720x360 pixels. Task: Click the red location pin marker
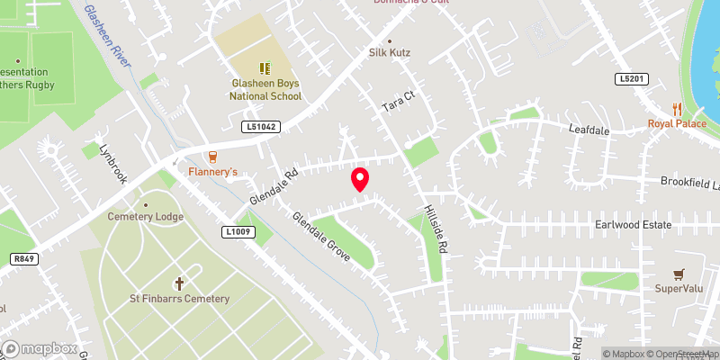pyautogui.click(x=360, y=178)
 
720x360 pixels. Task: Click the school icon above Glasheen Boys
pyautogui.click(x=265, y=67)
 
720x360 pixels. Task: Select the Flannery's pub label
pyautogui.click(x=212, y=171)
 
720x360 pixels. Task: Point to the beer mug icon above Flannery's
pyautogui.click(x=212, y=155)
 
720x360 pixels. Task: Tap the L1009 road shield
pyautogui.click(x=238, y=232)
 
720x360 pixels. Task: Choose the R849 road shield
pyautogui.click(x=24, y=259)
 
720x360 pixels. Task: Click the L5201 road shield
pyautogui.click(x=632, y=79)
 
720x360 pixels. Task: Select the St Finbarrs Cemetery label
pyautogui.click(x=179, y=299)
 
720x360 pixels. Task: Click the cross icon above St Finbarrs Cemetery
pyautogui.click(x=179, y=283)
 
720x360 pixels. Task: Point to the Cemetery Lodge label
pyautogui.click(x=146, y=217)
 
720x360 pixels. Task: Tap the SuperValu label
pyautogui.click(x=678, y=289)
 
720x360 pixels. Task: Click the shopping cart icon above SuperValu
pyautogui.click(x=679, y=273)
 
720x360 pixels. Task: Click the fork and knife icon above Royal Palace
pyautogui.click(x=665, y=109)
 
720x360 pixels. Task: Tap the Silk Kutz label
pyautogui.click(x=390, y=53)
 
